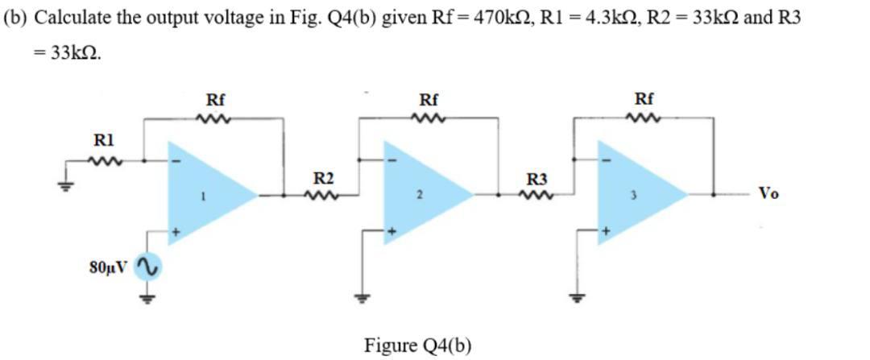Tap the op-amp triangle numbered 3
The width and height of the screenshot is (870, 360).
click(636, 193)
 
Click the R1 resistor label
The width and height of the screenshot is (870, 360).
click(105, 138)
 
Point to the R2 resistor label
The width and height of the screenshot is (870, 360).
click(323, 177)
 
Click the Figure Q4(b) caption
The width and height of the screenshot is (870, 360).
click(417, 345)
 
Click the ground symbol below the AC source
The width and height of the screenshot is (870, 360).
click(146, 297)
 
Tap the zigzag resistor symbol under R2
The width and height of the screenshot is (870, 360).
click(323, 194)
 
